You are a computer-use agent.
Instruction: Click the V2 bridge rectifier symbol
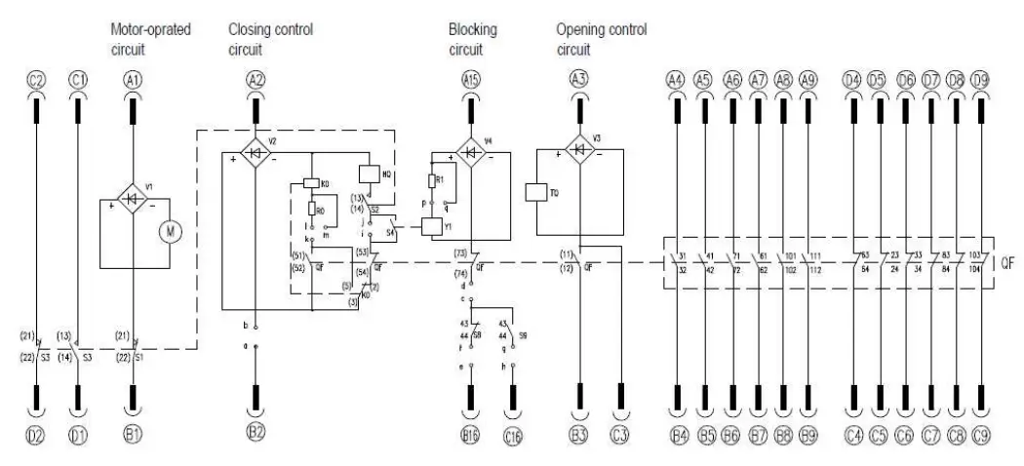pyautogui.click(x=255, y=153)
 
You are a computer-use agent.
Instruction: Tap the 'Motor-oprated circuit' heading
pyautogui.click(x=149, y=38)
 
